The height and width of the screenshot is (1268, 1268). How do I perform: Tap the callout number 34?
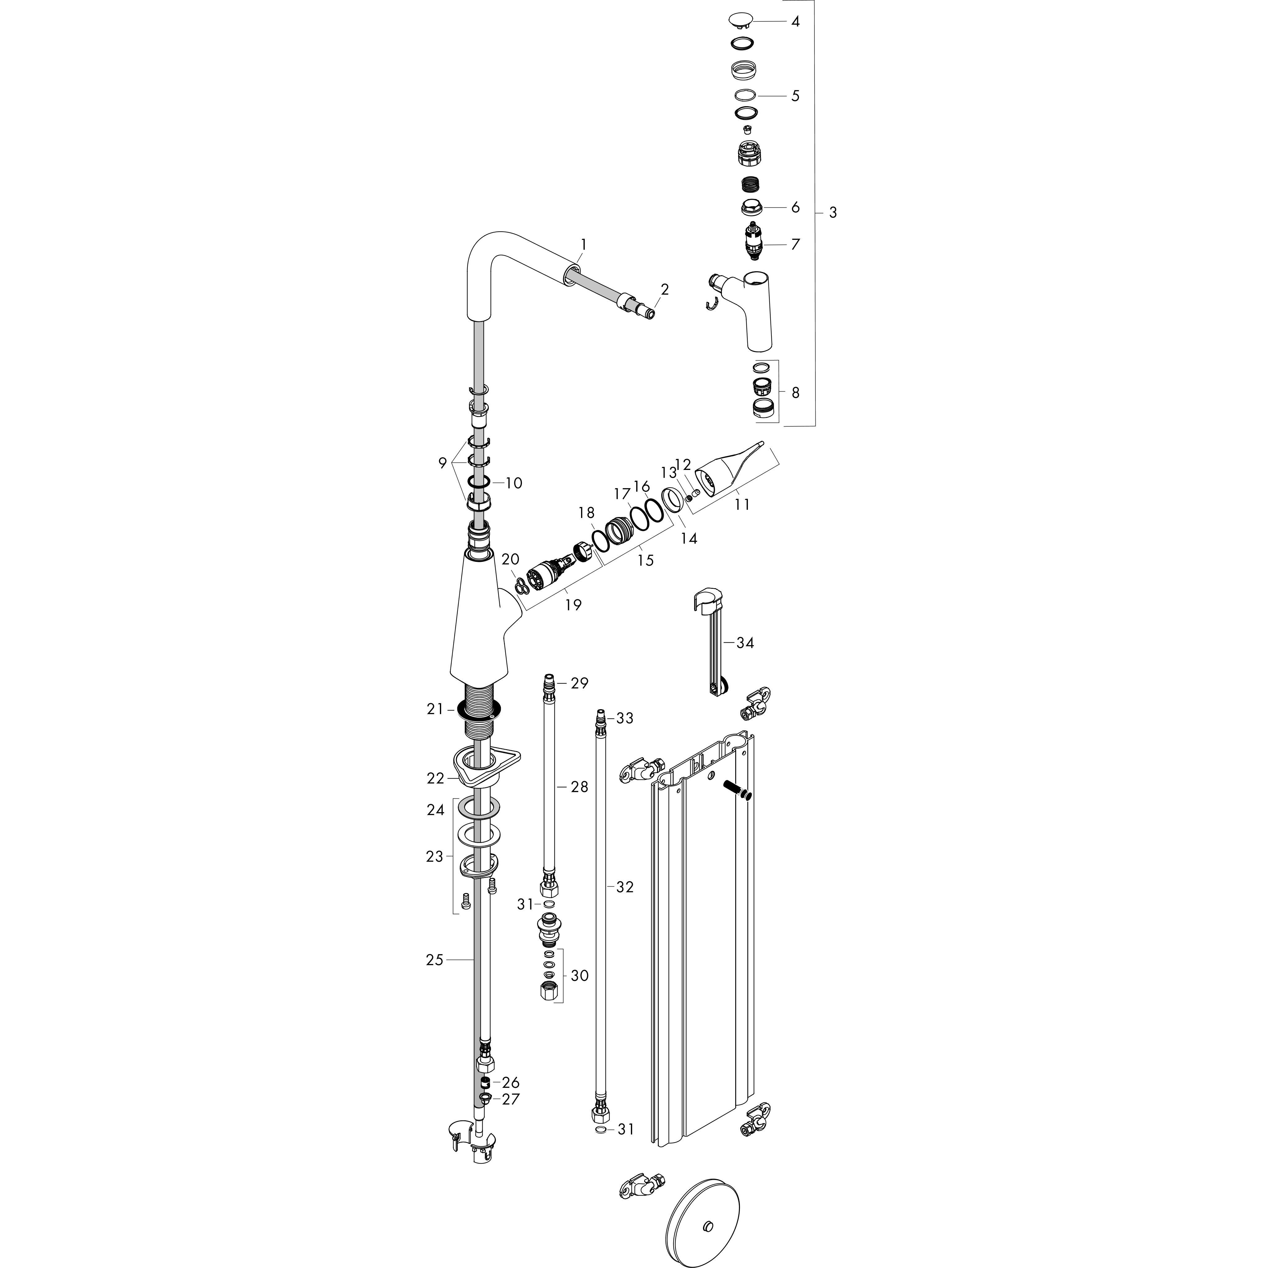[745, 643]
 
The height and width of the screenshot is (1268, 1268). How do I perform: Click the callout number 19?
[573, 605]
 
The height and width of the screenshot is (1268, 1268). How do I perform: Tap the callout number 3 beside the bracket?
[833, 213]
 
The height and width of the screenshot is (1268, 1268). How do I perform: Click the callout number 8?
[796, 393]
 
